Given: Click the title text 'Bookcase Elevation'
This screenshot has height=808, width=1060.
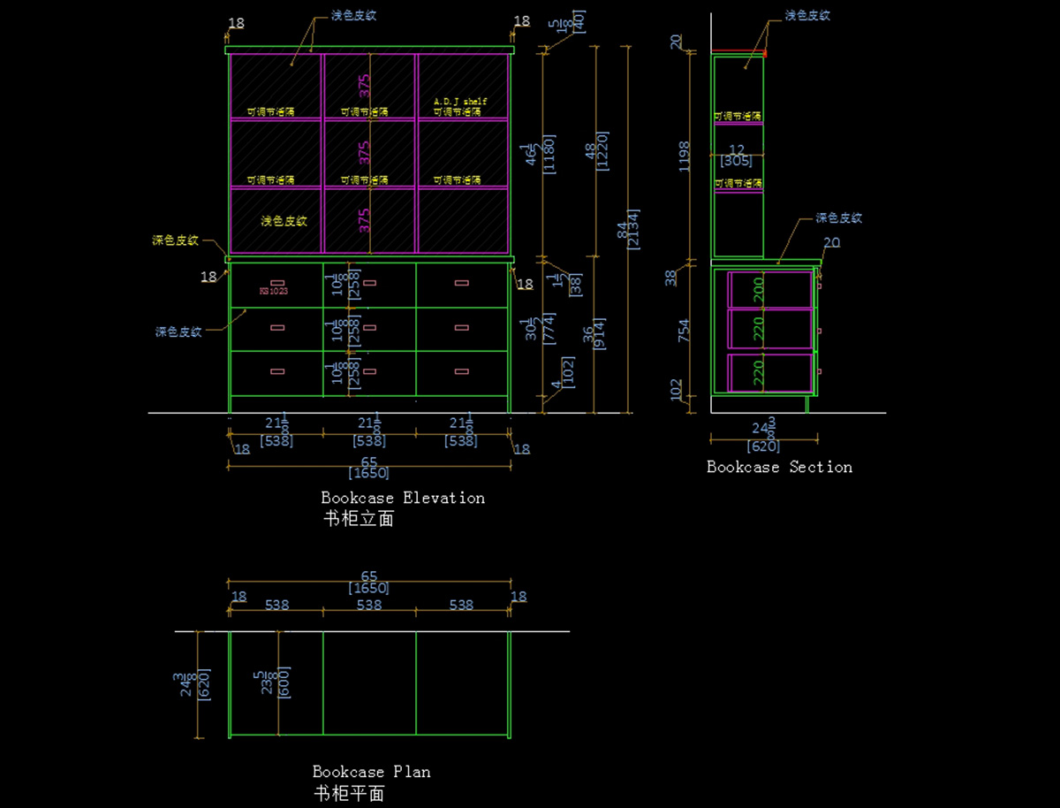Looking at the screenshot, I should click(403, 498).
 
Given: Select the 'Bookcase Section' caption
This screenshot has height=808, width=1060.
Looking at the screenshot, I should click(779, 467).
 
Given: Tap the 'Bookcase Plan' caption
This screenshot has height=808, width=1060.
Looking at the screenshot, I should click(371, 772).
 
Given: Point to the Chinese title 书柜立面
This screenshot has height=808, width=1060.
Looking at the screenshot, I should click(359, 519).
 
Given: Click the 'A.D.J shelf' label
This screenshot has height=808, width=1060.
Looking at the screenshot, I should click(460, 102).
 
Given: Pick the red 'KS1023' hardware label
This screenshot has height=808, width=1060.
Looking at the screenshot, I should click(274, 291).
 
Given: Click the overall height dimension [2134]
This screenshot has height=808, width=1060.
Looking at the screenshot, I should click(634, 229).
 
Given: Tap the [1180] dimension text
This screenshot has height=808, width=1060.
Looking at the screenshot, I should click(549, 154).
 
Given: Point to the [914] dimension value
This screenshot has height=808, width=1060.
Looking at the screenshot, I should click(602, 333).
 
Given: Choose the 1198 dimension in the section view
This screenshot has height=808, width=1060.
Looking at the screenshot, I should click(685, 156).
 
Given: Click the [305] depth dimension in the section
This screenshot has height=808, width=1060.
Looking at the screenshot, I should click(736, 161).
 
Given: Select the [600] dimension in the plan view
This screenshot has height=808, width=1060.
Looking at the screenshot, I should click(284, 682).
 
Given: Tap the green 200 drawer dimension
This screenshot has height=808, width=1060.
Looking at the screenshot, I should click(758, 289).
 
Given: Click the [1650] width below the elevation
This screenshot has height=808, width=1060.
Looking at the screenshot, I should click(368, 473).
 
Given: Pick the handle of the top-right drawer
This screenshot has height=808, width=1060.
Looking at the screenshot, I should click(461, 283).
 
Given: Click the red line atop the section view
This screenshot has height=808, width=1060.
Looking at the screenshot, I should click(738, 51).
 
